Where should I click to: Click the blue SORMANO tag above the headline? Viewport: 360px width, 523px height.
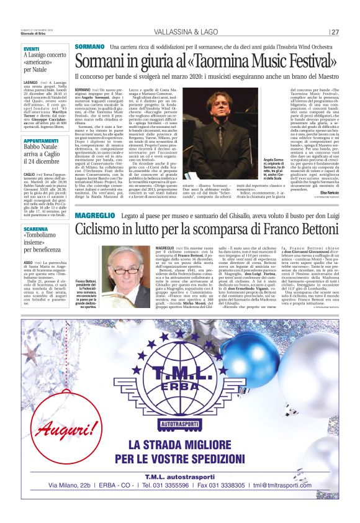click(x=89, y=47)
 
